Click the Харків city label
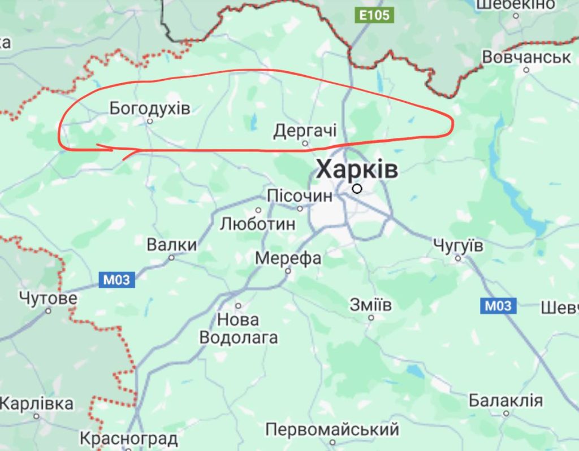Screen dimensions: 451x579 pyautogui.click(x=357, y=169)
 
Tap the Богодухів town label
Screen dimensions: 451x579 pyautogui.click(x=150, y=107)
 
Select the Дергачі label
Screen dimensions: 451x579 pyautogui.click(x=305, y=131)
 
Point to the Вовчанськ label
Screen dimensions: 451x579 pyautogui.click(x=526, y=57)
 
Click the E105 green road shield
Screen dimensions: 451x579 pyautogui.click(x=375, y=15)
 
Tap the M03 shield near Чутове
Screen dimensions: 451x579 pyautogui.click(x=117, y=279)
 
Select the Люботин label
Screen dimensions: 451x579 pyautogui.click(x=257, y=224)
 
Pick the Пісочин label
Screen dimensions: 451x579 pyautogui.click(x=300, y=196)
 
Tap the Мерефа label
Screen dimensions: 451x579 pyautogui.click(x=288, y=258)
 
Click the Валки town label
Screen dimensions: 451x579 pyautogui.click(x=172, y=245)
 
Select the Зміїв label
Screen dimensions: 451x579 pyautogui.click(x=371, y=305)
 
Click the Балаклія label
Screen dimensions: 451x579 pyautogui.click(x=505, y=401)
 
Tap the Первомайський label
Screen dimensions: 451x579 pyautogui.click(x=332, y=429)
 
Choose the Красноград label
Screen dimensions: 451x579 pyautogui.click(x=129, y=438)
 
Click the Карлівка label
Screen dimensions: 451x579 pyautogui.click(x=37, y=404)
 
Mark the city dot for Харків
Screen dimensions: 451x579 pyautogui.click(x=357, y=189)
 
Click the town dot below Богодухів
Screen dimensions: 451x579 pyautogui.click(x=150, y=121)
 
